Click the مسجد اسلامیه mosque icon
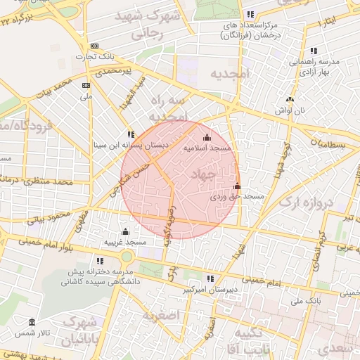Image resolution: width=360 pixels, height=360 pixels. [206, 137]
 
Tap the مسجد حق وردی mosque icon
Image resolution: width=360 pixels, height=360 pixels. [237, 186]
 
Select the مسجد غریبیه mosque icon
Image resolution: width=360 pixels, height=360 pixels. [125, 231]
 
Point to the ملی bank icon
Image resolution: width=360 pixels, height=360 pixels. [86, 85]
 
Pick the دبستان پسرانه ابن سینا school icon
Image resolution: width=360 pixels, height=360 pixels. [130, 134]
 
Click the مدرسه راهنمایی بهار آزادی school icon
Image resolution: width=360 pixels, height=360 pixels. [313, 51]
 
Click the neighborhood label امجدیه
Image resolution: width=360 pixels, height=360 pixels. [226, 73]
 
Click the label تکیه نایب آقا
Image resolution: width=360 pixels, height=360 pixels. [251, 340]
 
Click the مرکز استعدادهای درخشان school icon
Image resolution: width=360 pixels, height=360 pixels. [250, 14]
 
